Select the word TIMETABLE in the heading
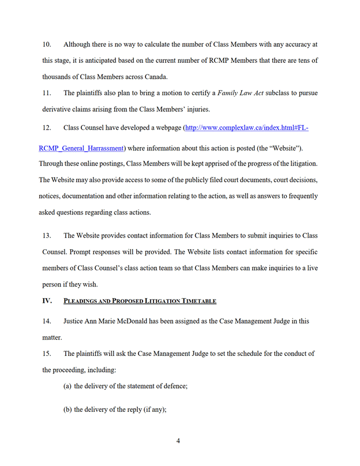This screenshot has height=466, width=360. [199, 300]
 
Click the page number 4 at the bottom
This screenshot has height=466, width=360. [178, 441]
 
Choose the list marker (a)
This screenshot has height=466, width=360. [67, 386]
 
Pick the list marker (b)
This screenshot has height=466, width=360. [67, 410]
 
